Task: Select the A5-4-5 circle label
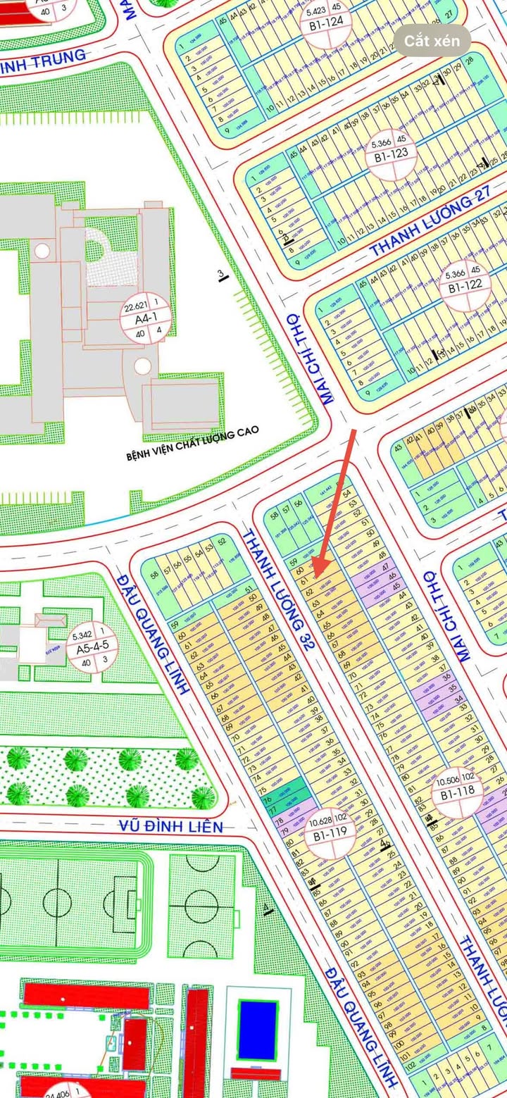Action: [x=92, y=648]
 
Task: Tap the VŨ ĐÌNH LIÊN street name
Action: [x=170, y=827]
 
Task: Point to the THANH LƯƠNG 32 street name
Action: [x=276, y=590]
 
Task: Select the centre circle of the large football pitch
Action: [x=57, y=902]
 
